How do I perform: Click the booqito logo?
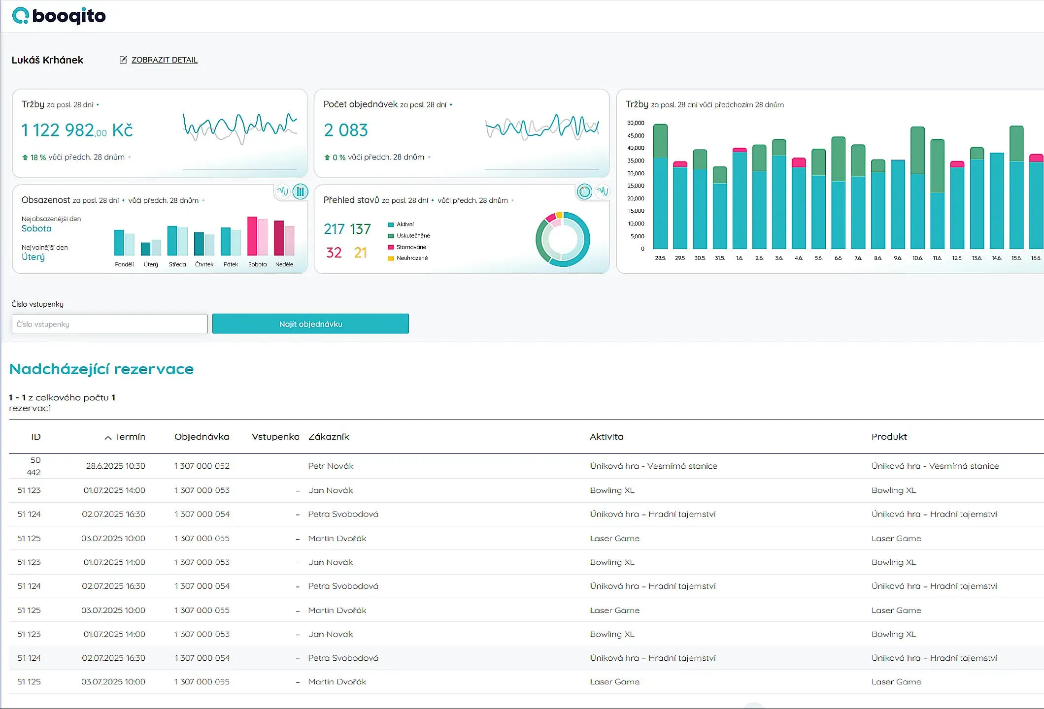[59, 16]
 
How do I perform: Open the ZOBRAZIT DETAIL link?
[164, 60]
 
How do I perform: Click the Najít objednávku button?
[310, 323]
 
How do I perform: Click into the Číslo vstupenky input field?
[109, 324]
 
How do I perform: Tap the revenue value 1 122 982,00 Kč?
[77, 130]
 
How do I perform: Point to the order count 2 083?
[346, 130]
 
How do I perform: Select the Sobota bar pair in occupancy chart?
[257, 236]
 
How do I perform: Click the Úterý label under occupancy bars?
[151, 264]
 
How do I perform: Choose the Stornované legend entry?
[411, 247]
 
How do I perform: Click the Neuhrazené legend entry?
[412, 258]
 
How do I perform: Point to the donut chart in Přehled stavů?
[563, 239]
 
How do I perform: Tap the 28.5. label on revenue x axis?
[660, 258]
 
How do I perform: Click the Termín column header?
[130, 437]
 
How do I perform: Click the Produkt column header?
[889, 437]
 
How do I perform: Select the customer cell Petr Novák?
[331, 466]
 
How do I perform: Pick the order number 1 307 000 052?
[202, 466]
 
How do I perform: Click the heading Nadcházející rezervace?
[101, 369]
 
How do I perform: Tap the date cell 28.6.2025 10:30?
[115, 466]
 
